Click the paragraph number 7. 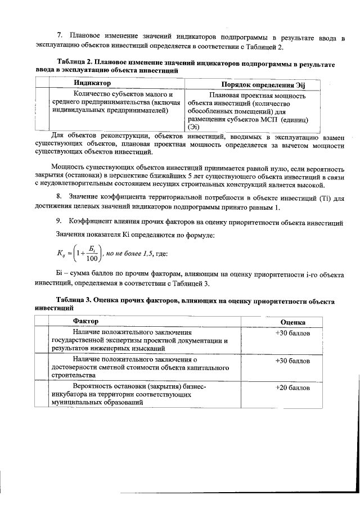pos(60,38)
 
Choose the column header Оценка pos(292,322)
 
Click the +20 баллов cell pos(292,388)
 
